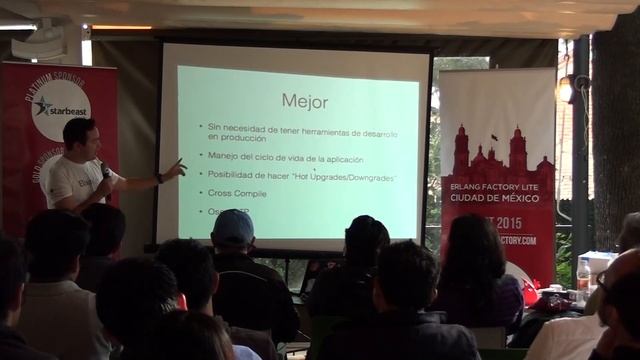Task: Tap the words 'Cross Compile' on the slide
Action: pos(237,193)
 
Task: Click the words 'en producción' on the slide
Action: pos(239,140)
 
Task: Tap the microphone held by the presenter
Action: pos(104,171)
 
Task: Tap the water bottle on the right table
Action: pos(583,275)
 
